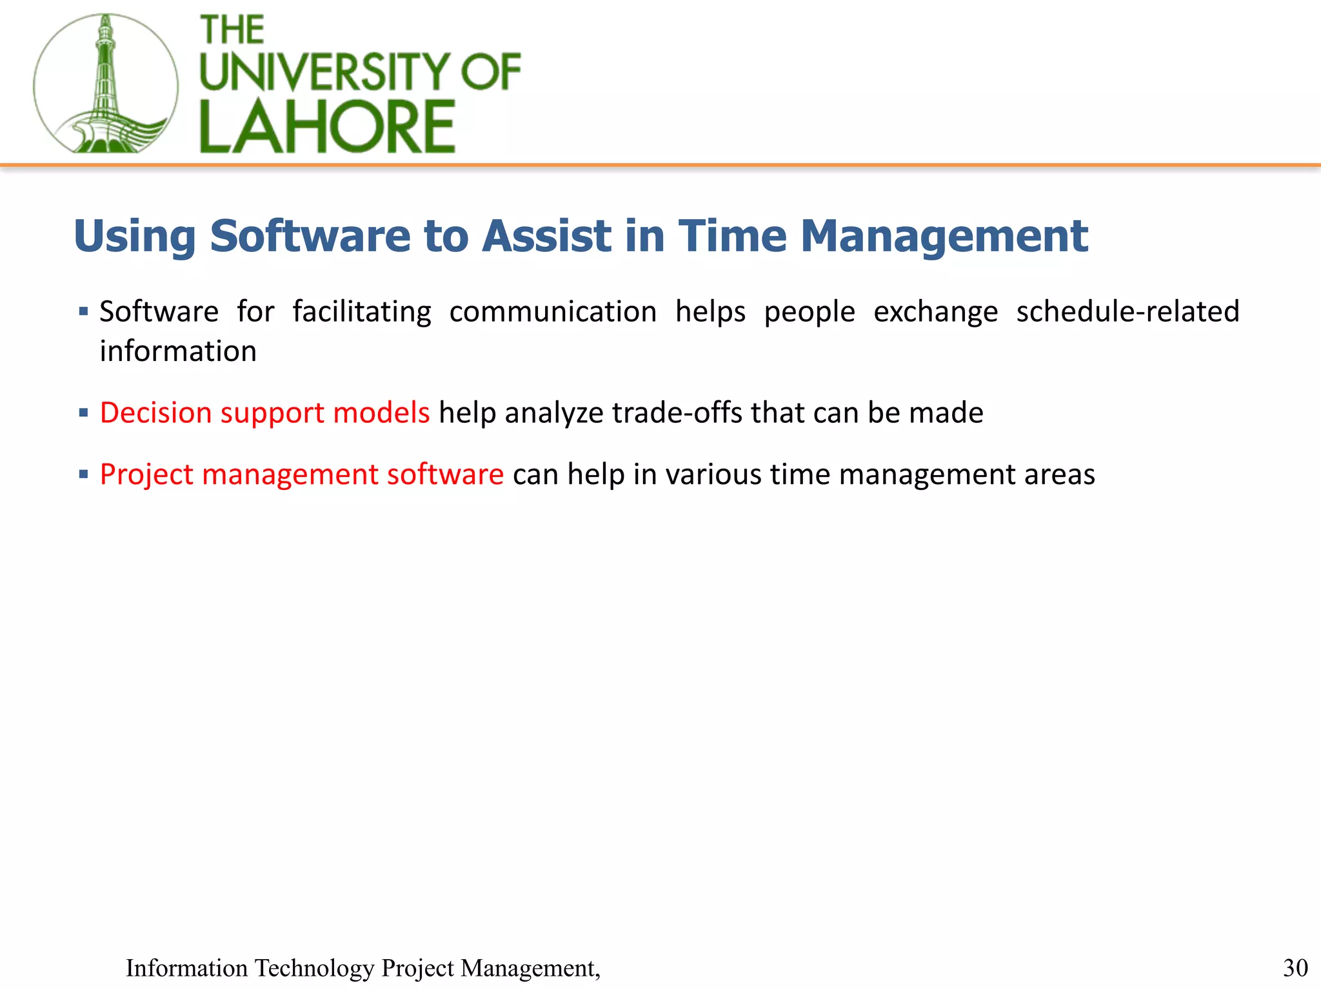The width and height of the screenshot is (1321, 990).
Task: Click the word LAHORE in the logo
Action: click(327, 127)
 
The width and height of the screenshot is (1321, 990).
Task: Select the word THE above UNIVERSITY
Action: click(232, 30)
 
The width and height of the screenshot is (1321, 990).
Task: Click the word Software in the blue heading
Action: click(310, 236)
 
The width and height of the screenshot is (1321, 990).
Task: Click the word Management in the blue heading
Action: click(944, 237)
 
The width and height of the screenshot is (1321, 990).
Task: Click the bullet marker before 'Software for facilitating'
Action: click(83, 312)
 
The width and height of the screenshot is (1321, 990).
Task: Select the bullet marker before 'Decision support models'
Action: click(83, 413)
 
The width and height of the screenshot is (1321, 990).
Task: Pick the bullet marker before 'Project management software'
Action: click(83, 475)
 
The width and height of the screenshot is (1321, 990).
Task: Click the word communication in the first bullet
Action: click(553, 312)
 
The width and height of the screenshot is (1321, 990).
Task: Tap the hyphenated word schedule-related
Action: click(1127, 312)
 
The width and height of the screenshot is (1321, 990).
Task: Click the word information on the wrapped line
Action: click(178, 352)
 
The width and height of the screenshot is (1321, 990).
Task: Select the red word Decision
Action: click(155, 413)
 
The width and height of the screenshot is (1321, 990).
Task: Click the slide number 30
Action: click(1295, 968)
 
